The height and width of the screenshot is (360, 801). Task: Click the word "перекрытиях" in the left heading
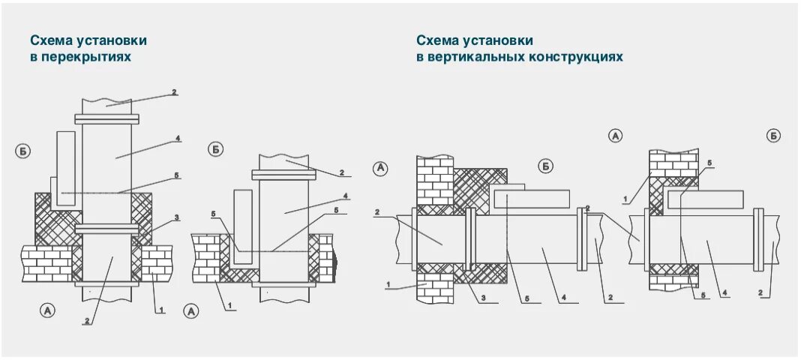[x=88, y=56]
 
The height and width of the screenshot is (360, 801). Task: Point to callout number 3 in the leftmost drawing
[x=177, y=217]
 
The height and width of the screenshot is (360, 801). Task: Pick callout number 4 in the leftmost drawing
[x=177, y=137]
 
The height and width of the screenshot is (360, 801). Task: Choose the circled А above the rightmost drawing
[x=615, y=136]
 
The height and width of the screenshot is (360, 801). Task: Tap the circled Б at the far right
[x=773, y=136]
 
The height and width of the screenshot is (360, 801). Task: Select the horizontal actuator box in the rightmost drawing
[x=704, y=199]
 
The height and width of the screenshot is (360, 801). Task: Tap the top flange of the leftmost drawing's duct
[x=106, y=118]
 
